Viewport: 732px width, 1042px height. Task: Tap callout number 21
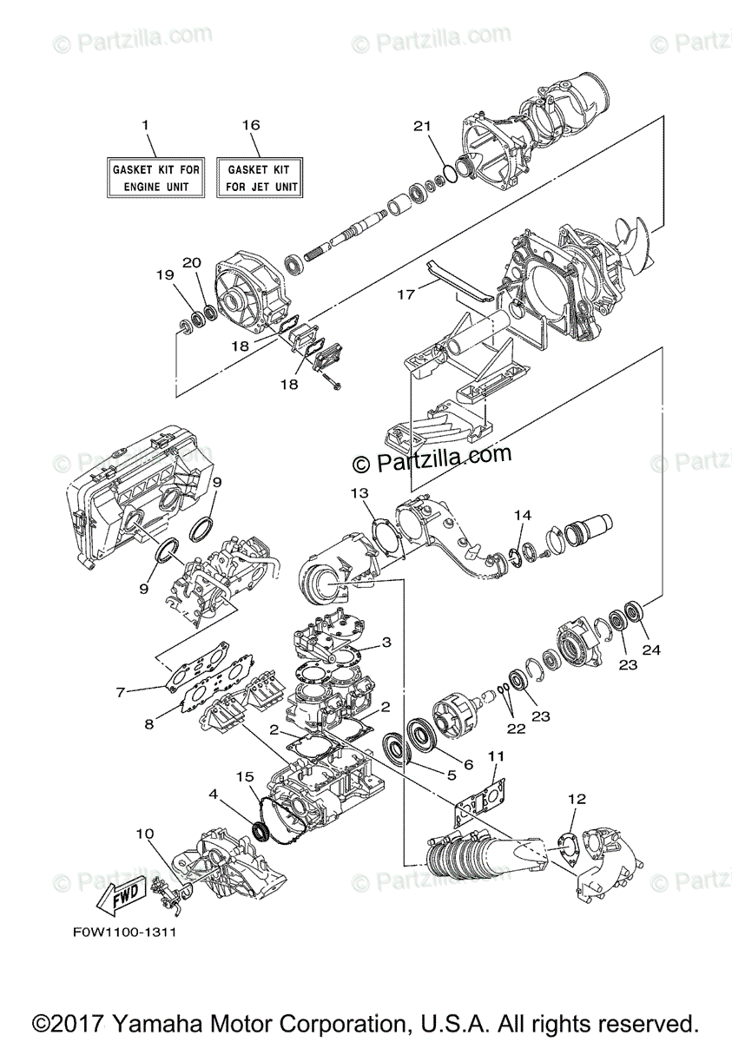422,127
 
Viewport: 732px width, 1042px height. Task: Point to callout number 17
406,294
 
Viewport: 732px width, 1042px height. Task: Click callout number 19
164,275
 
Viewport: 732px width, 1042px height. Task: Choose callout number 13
359,493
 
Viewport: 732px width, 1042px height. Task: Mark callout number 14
521,515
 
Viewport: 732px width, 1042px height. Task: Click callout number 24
651,649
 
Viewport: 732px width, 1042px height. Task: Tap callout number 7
121,692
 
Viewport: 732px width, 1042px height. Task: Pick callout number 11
496,756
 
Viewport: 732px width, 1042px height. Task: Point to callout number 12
577,798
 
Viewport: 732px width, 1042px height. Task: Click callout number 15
246,775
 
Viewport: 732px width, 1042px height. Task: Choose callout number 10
143,834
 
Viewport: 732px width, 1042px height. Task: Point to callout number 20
192,262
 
